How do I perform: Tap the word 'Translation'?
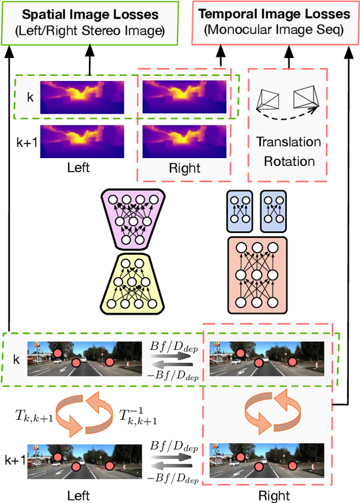pos(289,142)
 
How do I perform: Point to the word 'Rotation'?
pos(289,161)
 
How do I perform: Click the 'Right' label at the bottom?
pos(274,495)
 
